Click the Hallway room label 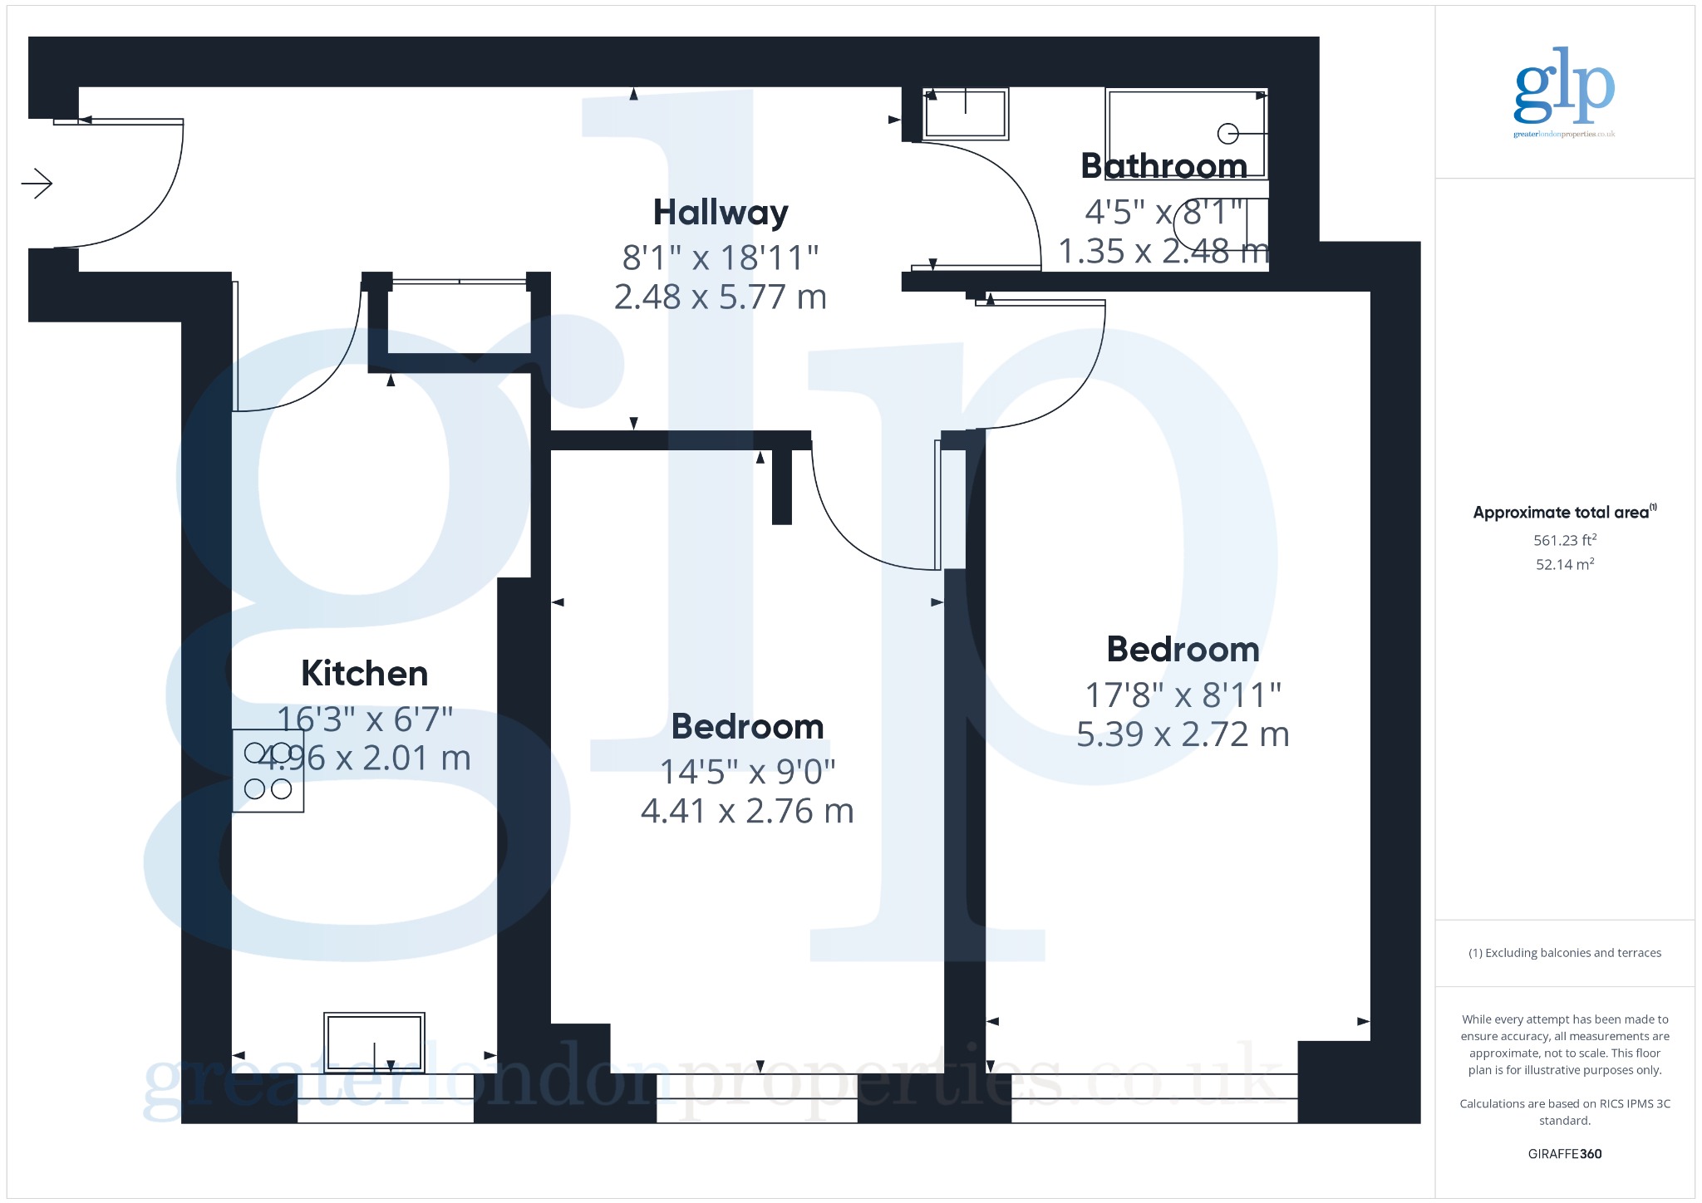click(x=721, y=214)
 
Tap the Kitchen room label click(x=365, y=673)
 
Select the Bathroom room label click(x=1164, y=165)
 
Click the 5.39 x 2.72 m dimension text click(x=1183, y=734)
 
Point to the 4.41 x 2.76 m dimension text click(x=747, y=811)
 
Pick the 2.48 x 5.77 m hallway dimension click(x=721, y=297)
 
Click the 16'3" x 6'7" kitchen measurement click(x=365, y=719)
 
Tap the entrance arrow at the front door click(x=37, y=184)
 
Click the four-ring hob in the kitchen click(x=268, y=770)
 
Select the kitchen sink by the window click(x=374, y=1042)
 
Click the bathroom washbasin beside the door click(x=966, y=113)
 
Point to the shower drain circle click(x=1227, y=133)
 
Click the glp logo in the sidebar click(x=1564, y=91)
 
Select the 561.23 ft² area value click(x=1565, y=540)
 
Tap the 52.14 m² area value click(x=1565, y=564)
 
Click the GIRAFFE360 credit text click(x=1565, y=1153)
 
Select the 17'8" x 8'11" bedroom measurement click(x=1183, y=695)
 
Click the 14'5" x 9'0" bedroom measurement click(x=747, y=772)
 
